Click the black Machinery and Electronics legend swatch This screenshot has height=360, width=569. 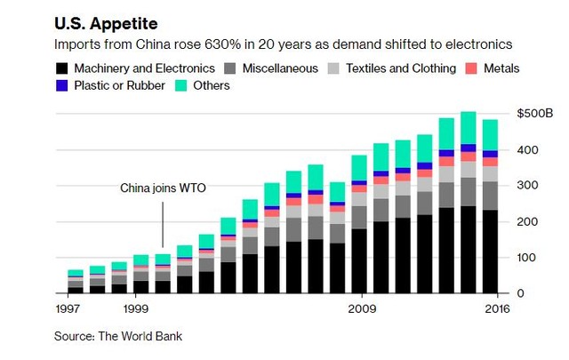pos(60,68)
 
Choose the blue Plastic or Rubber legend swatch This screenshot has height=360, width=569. pos(60,85)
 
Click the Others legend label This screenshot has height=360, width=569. pos(211,85)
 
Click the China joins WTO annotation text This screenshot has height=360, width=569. pos(163,188)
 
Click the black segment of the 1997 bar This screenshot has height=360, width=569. pos(76,290)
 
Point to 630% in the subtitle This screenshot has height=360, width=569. pos(181,44)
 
